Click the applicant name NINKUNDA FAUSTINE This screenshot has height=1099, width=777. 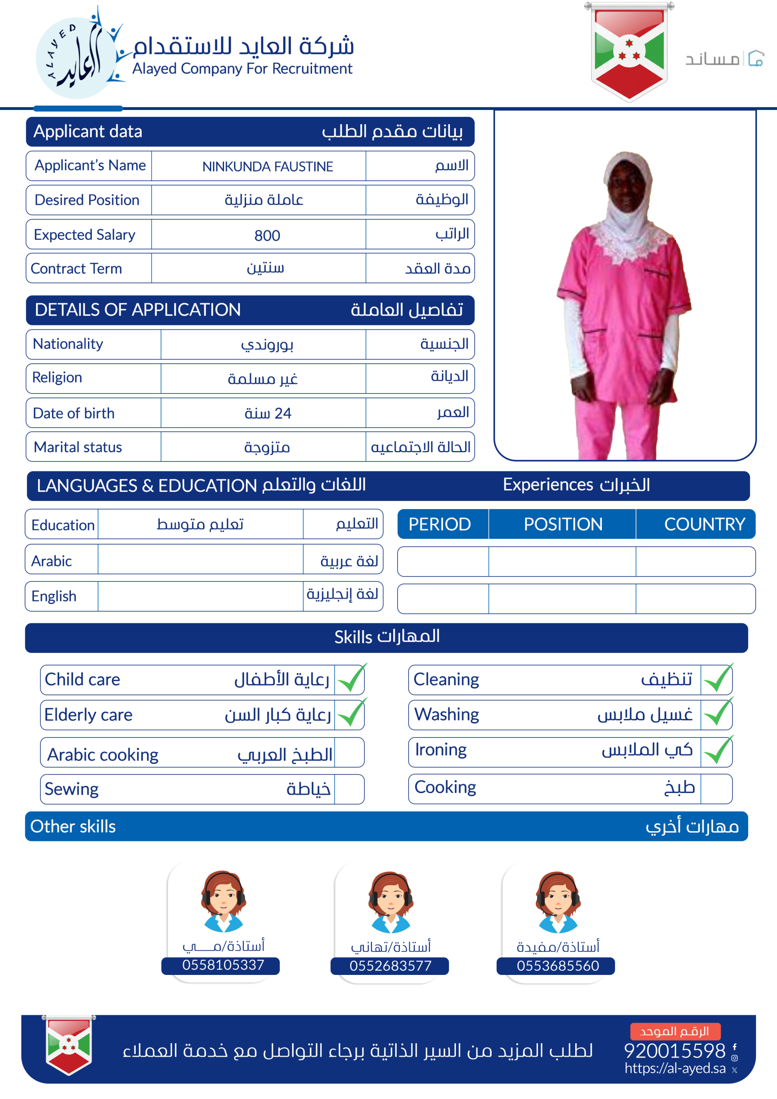point(267,167)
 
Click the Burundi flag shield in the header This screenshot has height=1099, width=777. point(628,51)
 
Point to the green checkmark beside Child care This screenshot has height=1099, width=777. point(351,679)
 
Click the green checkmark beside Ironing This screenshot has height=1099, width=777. point(717,750)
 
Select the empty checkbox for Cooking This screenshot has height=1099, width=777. point(716,788)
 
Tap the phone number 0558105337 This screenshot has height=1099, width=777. point(223,965)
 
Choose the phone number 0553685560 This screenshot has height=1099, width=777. point(558,965)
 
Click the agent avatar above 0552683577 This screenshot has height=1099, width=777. point(391,902)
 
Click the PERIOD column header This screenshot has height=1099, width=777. point(440,524)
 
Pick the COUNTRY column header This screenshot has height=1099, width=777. point(704,524)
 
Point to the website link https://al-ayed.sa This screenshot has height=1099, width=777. point(675,1069)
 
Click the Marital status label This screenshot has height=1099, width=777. point(78,447)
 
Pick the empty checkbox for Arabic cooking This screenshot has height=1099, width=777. point(349,753)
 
